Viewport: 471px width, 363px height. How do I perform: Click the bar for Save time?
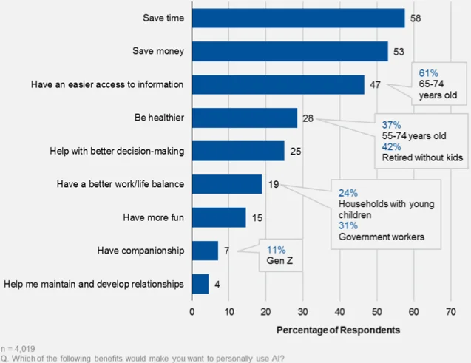298,18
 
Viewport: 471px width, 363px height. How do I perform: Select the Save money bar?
289,51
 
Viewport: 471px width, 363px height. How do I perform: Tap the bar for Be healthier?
244,118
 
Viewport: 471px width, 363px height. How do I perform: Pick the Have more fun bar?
219,217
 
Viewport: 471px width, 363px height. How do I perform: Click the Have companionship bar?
205,251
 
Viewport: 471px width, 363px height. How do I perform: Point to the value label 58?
416,18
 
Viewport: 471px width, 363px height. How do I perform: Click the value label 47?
375,84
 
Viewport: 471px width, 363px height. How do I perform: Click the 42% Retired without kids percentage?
392,146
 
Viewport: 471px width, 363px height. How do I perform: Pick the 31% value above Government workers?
348,225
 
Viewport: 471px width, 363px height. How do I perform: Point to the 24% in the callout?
348,190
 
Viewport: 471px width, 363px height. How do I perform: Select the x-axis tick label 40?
339,312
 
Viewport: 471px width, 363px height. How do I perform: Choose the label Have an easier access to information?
106,84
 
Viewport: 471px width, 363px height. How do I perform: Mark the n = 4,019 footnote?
18,347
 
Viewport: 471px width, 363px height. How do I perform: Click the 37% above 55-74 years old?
392,124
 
